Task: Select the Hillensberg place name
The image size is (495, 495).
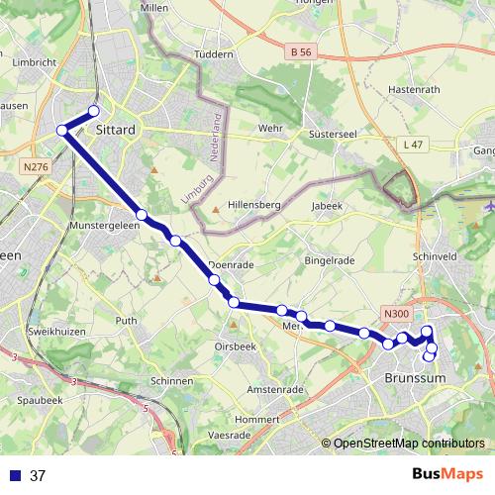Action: (256, 205)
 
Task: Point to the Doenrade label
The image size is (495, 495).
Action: (233, 265)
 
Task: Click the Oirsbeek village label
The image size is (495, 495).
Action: (237, 346)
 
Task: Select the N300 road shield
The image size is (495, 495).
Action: (396, 315)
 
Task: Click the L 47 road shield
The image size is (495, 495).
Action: (413, 145)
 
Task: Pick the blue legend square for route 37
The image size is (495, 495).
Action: (15, 476)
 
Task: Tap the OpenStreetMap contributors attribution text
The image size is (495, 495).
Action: (408, 444)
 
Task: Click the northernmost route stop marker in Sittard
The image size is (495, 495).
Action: (95, 111)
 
